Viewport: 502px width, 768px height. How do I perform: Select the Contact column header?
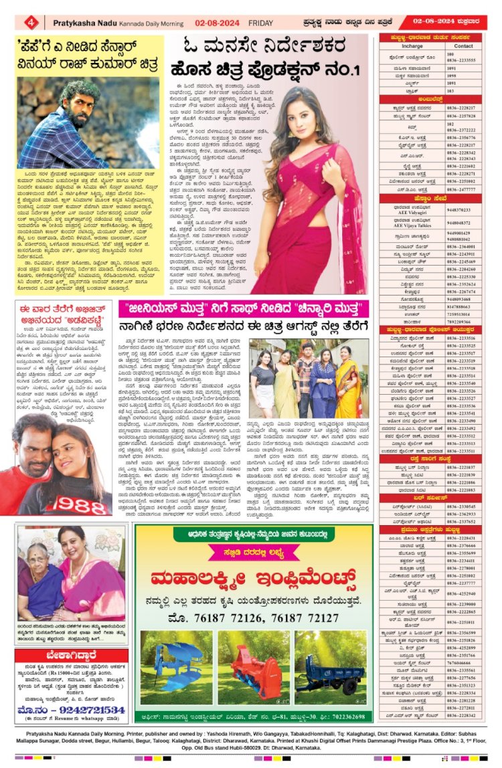coord(463,46)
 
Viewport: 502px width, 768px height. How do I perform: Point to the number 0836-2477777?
coord(461,189)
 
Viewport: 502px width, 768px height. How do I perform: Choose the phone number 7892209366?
coord(458,321)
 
